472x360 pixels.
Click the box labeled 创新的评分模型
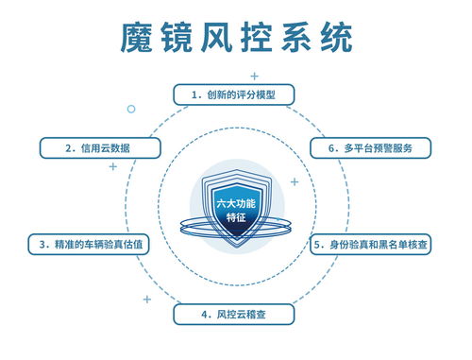237,94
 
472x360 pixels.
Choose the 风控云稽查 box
234,313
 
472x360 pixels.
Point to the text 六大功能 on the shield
237,201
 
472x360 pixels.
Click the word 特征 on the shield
237,216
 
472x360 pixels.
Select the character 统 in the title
331,39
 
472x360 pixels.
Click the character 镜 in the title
189,39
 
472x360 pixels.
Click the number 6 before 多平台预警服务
332,148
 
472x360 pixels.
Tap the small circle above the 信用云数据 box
131,109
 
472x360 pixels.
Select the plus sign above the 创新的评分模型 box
254,75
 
